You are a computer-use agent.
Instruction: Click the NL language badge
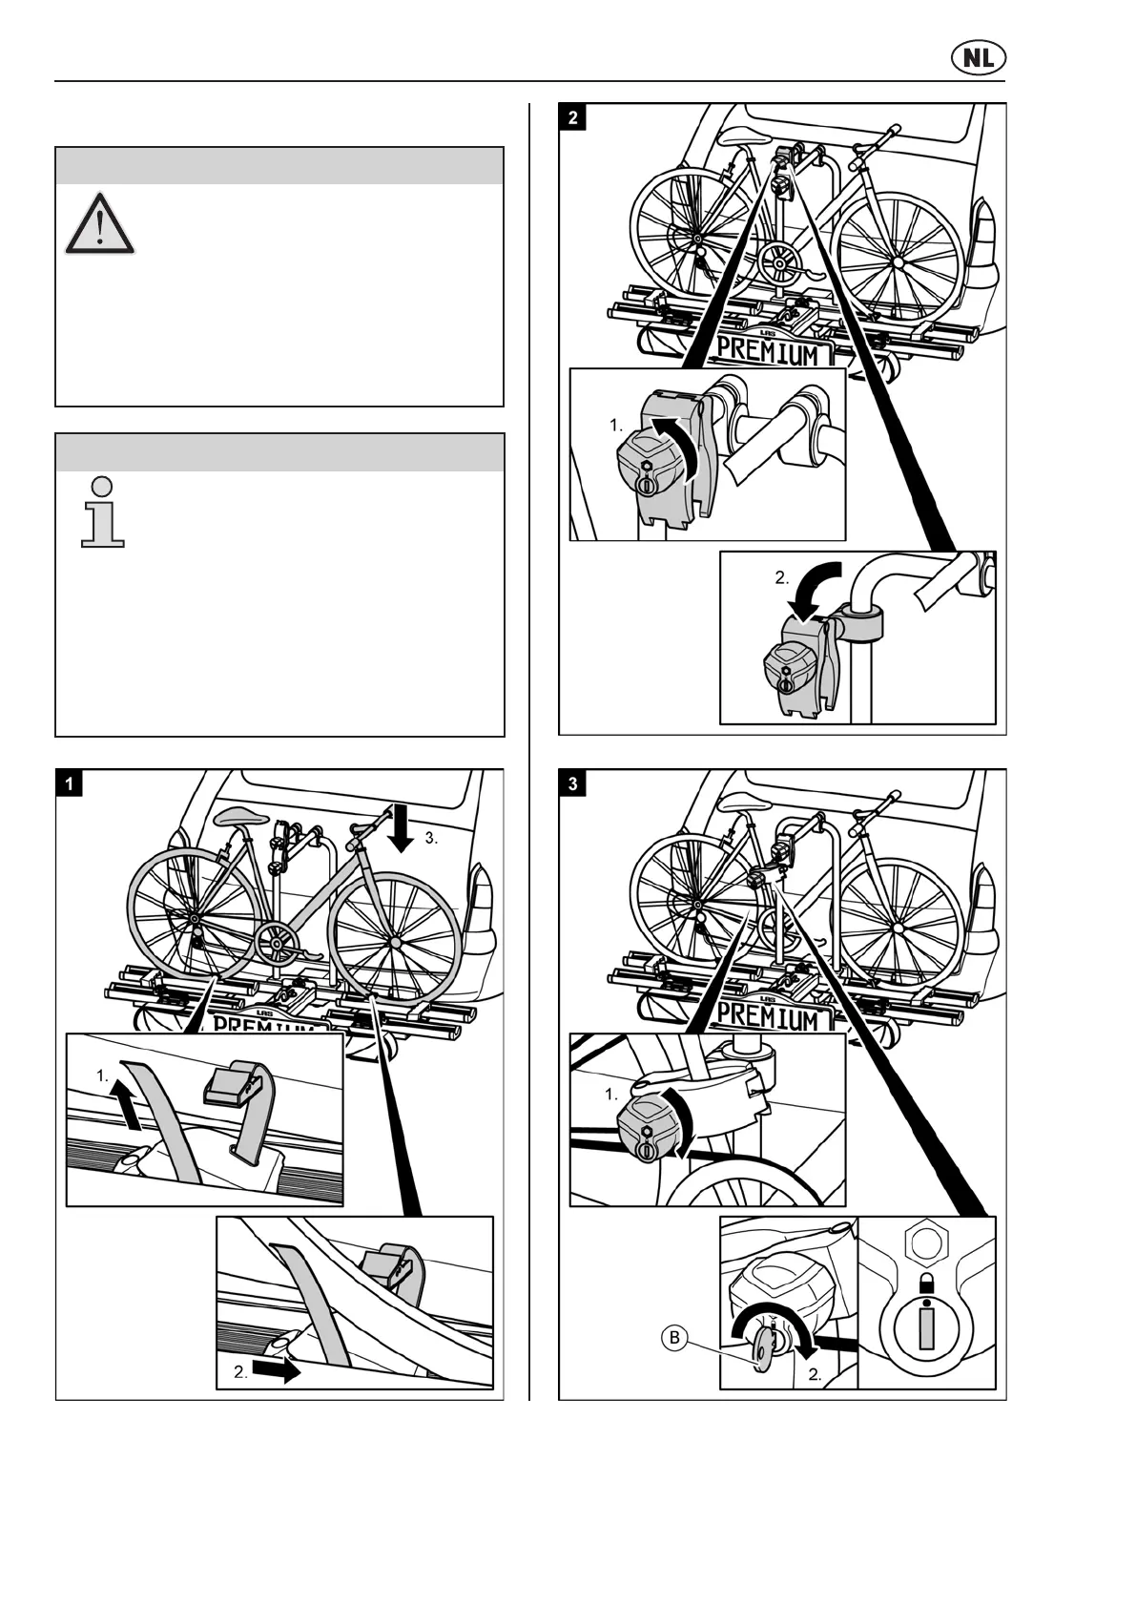978,58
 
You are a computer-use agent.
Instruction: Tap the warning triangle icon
99,225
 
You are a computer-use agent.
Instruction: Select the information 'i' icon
103,512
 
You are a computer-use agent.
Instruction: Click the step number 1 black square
70,783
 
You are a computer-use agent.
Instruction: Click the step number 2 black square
572,117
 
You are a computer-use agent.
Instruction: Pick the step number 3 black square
572,783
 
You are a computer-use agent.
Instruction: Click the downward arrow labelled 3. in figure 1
402,827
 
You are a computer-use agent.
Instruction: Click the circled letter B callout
674,1338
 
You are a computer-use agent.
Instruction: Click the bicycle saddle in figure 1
238,818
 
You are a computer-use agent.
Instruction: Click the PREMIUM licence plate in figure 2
768,353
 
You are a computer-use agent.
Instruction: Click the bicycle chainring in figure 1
278,944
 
